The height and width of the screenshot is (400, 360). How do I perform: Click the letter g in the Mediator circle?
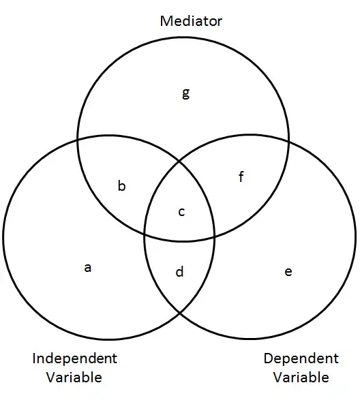click(186, 93)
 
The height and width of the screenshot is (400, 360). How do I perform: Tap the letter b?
click(122, 186)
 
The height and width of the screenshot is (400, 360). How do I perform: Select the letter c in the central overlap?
click(181, 212)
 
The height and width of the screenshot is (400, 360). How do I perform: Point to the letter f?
click(241, 176)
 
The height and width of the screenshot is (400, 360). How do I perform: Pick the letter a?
click(87, 268)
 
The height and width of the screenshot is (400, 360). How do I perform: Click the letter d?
click(179, 272)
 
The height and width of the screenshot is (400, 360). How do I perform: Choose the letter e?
click(288, 272)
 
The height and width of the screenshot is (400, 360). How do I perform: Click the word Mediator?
click(191, 21)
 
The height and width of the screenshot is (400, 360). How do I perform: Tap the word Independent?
click(75, 358)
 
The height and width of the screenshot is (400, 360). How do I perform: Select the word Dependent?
click(301, 358)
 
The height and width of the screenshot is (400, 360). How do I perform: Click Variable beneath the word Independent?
click(74, 378)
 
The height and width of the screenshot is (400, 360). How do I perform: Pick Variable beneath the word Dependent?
click(301, 378)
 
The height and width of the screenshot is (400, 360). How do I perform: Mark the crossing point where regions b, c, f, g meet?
click(179, 161)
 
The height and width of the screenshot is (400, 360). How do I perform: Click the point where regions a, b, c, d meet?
click(145, 234)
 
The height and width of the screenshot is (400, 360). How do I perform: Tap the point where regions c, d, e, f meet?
click(215, 236)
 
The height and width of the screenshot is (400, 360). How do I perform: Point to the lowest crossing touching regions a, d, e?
click(179, 313)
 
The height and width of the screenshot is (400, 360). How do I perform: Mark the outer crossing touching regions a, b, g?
click(78, 140)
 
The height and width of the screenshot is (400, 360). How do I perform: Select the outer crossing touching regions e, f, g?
click(288, 140)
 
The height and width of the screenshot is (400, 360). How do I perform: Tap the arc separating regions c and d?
click(180, 241)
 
